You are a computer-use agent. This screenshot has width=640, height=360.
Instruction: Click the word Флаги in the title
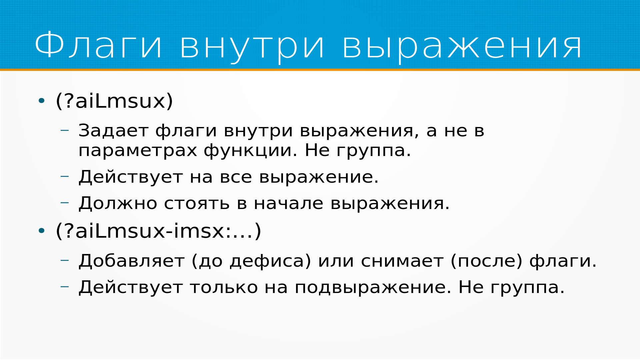click(99, 45)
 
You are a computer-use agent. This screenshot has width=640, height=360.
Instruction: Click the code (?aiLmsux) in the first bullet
click(114, 101)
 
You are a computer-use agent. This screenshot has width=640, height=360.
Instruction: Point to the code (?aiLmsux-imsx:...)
click(158, 231)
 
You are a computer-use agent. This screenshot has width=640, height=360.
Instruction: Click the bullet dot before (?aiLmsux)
click(41, 100)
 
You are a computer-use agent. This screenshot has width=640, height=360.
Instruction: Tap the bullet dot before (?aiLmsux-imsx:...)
click(41, 230)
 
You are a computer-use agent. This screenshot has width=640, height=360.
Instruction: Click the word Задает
click(113, 130)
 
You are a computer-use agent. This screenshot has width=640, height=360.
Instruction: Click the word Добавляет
click(131, 261)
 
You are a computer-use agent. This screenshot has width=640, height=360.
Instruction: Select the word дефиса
click(267, 261)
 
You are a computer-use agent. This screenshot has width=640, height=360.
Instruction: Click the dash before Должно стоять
click(65, 202)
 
